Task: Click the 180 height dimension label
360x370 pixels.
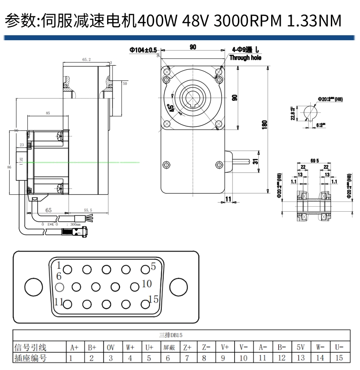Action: pyautogui.click(x=265, y=124)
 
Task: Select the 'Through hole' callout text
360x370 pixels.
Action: pyautogui.click(x=245, y=58)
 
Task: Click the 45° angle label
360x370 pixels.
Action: pyautogui.click(x=172, y=108)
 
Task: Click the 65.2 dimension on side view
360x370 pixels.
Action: pyautogui.click(x=86, y=59)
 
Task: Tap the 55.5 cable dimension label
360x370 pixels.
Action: pyautogui.click(x=87, y=210)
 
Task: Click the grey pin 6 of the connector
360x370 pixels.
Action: pyautogui.click(x=59, y=287)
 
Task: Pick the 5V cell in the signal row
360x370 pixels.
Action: pyautogui.click(x=300, y=348)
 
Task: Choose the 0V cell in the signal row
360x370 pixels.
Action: pyautogui.click(x=111, y=348)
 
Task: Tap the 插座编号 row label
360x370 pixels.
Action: pyautogui.click(x=31, y=358)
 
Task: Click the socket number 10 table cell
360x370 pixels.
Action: pyautogui.click(x=243, y=358)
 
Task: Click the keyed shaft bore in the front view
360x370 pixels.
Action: pyautogui.click(x=193, y=97)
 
